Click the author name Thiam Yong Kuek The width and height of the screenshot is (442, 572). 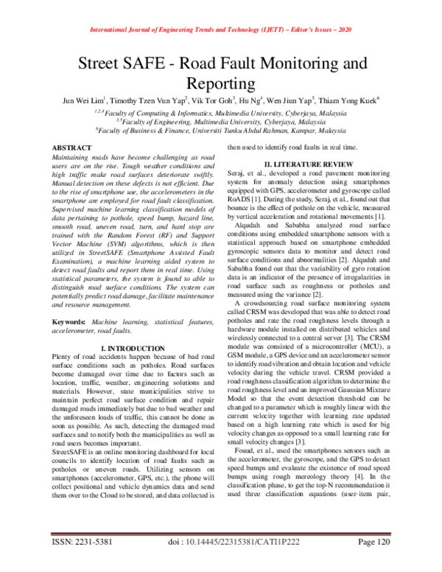tap(349, 100)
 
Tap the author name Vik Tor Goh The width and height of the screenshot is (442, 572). tap(213, 100)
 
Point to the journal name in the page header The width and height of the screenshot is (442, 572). tap(221, 30)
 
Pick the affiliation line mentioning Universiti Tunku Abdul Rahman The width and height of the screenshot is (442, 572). tap(221, 130)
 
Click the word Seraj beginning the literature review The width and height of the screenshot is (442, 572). tap(236, 172)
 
